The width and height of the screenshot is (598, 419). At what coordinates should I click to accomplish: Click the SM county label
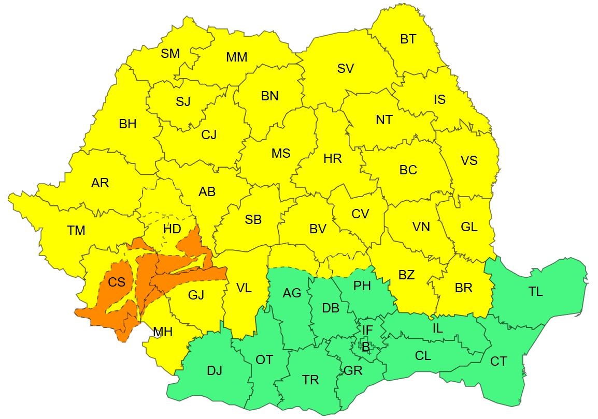pos(170,53)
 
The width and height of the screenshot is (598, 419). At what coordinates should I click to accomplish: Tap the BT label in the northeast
pos(408,39)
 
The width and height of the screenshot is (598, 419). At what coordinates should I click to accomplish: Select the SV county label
pos(345,68)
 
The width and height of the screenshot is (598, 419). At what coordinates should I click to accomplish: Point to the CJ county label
pos(209,135)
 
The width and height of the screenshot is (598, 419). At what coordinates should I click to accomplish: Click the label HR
pos(332,159)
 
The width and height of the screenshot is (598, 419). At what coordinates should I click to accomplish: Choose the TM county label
pos(76,231)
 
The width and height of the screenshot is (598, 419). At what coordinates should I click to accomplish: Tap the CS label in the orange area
pos(117,282)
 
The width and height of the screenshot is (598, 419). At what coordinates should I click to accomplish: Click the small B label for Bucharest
pos(365,347)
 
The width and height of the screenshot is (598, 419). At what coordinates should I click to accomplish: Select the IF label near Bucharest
pos(367,330)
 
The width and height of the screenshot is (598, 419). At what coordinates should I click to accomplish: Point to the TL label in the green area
pos(535,292)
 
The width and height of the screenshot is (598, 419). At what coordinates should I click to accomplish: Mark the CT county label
pos(499,362)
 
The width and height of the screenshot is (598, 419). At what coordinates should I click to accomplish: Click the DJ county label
pos(215,370)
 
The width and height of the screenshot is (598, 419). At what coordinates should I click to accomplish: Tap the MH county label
pos(163,332)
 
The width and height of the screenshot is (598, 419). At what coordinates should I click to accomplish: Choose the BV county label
pos(318,229)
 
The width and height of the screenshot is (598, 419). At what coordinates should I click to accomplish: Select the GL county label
pos(469,227)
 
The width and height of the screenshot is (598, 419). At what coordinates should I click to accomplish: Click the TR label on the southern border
pos(310,380)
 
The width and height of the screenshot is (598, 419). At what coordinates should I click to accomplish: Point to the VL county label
pos(244,288)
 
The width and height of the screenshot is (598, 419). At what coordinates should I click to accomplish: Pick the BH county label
pos(127,124)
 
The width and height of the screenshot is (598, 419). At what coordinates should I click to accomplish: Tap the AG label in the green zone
pos(292,293)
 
